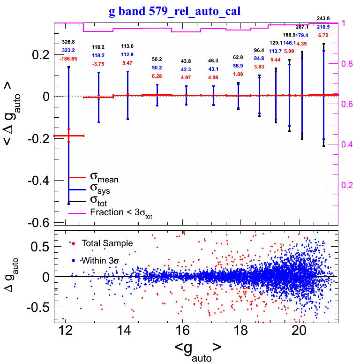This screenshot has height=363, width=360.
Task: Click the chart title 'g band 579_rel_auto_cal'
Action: pos(174,11)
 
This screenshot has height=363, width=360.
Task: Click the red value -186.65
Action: pos(68,59)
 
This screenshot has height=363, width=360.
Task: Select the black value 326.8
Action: pos(68,42)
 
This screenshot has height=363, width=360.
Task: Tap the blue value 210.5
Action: pos(323,27)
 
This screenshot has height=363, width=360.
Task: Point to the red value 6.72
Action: pos(323,35)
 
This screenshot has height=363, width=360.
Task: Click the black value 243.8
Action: pos(323,18)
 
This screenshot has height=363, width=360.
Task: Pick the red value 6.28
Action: pos(157,76)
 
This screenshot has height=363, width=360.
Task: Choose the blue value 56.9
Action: pos(238,66)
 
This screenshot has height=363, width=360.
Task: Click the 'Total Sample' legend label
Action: pos(107,243)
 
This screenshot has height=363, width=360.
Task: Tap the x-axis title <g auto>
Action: pos(197,350)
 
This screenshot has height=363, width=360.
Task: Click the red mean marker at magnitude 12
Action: pos(68,136)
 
